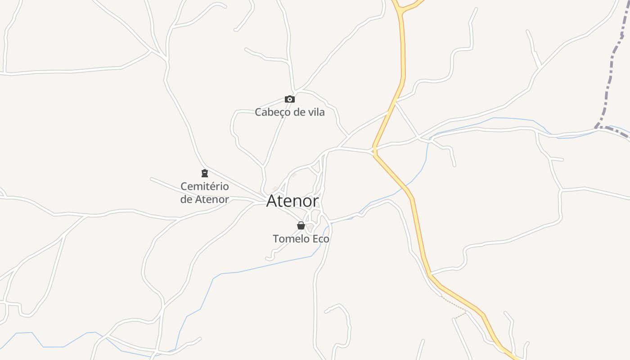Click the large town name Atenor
(292, 201)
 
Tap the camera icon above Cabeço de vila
(290, 99)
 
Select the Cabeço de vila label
(290, 112)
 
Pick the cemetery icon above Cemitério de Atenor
(205, 173)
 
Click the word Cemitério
(205, 186)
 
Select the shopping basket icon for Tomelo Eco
(301, 225)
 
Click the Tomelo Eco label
(301, 239)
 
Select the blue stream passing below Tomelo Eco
(270, 265)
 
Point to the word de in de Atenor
(186, 199)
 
